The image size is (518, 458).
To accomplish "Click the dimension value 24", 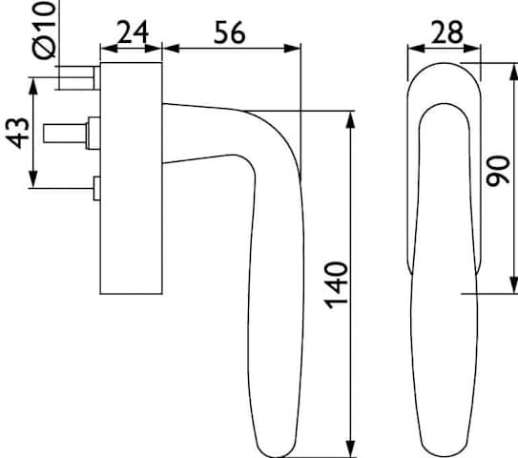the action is (x=133, y=32).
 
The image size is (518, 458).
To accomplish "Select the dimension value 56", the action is (x=230, y=32).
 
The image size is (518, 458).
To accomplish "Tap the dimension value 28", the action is (x=447, y=32).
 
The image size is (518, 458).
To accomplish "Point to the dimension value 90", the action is (x=499, y=171).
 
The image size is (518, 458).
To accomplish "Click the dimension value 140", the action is (x=337, y=285).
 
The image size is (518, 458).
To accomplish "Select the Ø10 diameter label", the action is (x=44, y=31).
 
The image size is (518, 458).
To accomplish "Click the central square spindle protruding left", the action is (x=65, y=134).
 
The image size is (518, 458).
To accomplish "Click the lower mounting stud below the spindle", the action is (x=96, y=188).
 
